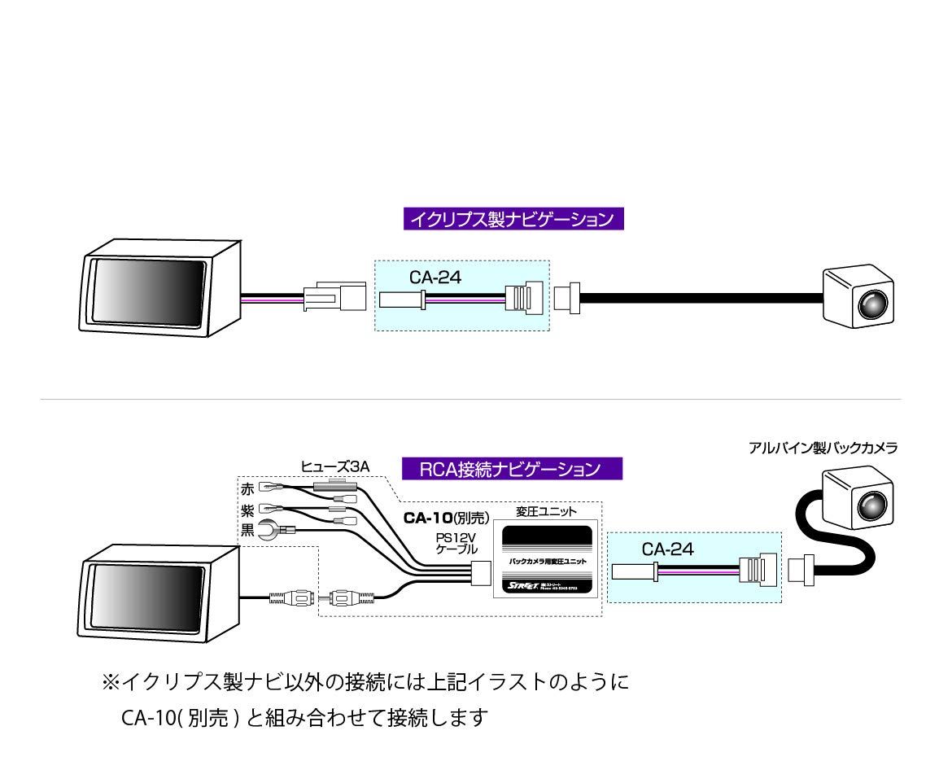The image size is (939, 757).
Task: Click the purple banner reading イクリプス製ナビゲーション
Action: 513,219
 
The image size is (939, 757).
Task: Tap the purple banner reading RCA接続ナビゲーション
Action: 512,469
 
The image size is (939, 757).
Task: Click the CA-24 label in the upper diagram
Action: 435,278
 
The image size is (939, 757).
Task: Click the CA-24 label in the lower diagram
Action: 668,549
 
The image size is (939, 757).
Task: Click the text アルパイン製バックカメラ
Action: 823,447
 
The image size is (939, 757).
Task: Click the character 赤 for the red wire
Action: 247,489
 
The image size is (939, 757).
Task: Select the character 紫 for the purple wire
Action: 247,510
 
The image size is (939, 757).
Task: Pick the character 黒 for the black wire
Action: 247,531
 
